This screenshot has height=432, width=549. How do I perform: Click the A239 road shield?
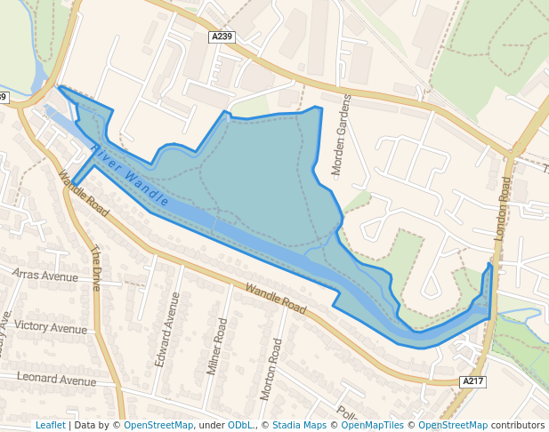tap(222, 36)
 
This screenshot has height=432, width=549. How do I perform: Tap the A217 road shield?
tap(473, 381)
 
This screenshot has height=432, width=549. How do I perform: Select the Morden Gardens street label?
tap(342, 134)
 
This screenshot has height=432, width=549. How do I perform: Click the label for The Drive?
tap(96, 268)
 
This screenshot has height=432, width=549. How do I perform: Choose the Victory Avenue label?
tap(51, 328)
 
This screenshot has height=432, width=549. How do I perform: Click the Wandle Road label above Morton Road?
tap(275, 300)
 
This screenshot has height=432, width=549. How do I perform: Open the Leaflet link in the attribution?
tap(50, 425)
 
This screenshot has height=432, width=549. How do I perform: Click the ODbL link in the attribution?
tap(240, 425)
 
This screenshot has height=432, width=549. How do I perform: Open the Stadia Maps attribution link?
tap(299, 425)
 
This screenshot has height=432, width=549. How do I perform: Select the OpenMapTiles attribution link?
tap(373, 425)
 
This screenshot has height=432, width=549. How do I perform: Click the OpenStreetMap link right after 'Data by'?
tap(158, 425)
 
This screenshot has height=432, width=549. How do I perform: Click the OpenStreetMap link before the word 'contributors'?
tap(453, 425)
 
